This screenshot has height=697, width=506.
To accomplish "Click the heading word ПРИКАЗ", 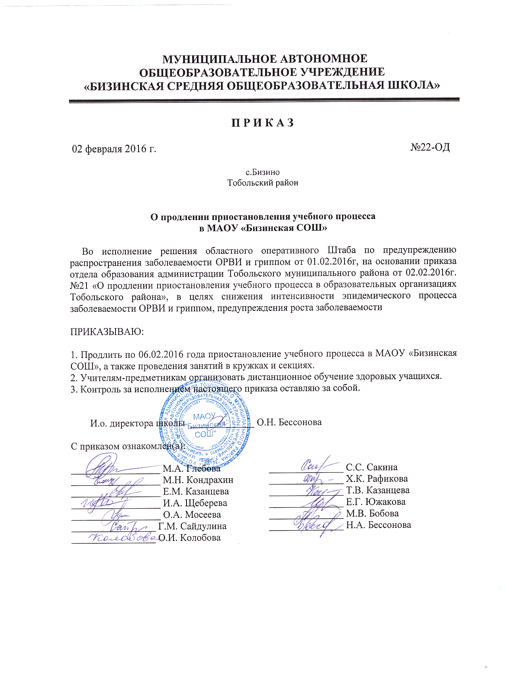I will pyautogui.click(x=263, y=122).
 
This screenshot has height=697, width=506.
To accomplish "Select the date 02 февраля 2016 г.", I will pyautogui.click(x=114, y=149).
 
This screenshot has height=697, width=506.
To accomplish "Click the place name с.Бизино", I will pyautogui.click(x=262, y=172).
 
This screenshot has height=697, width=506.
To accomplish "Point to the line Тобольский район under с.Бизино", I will pyautogui.click(x=262, y=183).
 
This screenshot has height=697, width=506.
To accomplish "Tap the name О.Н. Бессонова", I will pyautogui.click(x=289, y=422).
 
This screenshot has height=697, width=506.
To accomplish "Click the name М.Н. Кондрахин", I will pyautogui.click(x=198, y=480).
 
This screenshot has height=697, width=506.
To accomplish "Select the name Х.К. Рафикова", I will pyautogui.click(x=377, y=479).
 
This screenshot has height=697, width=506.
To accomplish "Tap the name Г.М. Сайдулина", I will pyautogui.click(x=192, y=526).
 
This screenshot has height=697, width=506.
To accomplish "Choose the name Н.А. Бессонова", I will pyautogui.click(x=378, y=525).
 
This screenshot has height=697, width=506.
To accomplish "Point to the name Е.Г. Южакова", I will pyautogui.click(x=375, y=502).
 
